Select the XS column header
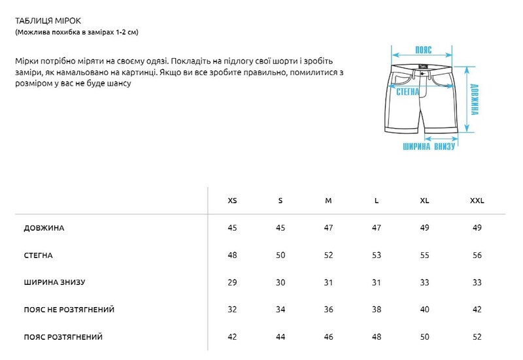tap(232, 201)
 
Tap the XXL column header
tap(477, 201)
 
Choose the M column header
tap(328, 201)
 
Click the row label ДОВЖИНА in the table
tap(44, 228)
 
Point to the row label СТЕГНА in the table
tap(39, 255)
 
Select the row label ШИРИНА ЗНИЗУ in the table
tap(55, 282)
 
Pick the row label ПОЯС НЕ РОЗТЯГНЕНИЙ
tap(73, 310)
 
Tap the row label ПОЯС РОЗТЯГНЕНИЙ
tap(63, 337)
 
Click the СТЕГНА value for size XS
tap(232, 255)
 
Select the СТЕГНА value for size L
tap(377, 255)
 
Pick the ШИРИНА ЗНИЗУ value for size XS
tap(232, 282)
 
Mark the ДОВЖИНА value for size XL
tap(424, 228)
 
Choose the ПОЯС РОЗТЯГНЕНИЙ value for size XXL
tap(477, 337)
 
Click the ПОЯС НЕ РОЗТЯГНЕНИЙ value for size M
tap(328, 310)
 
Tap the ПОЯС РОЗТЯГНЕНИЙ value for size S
tap(280, 337)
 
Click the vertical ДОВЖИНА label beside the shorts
tap(475, 99)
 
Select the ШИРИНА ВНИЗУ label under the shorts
tap(428, 146)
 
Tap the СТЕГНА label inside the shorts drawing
tap(407, 93)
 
